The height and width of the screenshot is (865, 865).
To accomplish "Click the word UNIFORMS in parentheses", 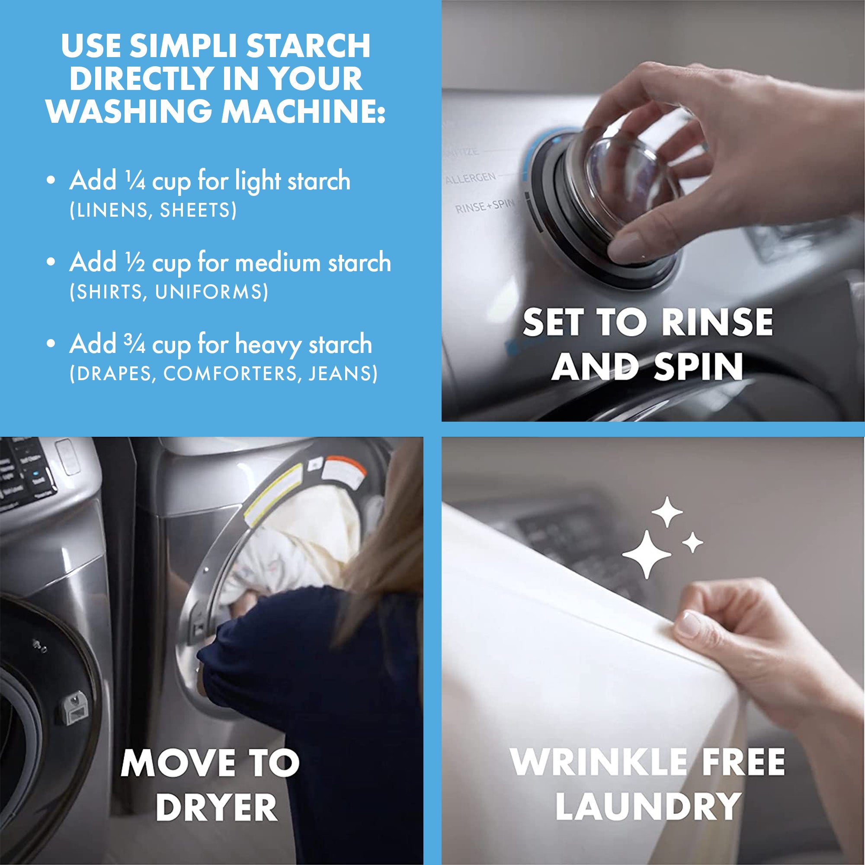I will click(x=211, y=292).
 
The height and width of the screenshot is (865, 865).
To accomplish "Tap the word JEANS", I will click(x=342, y=374).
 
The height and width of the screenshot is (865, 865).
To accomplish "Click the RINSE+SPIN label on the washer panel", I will click(x=484, y=206).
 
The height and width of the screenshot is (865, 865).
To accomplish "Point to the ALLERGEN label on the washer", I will click(x=470, y=178).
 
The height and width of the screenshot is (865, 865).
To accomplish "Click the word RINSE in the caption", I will click(x=717, y=322).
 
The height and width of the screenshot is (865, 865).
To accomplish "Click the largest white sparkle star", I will click(x=647, y=554).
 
